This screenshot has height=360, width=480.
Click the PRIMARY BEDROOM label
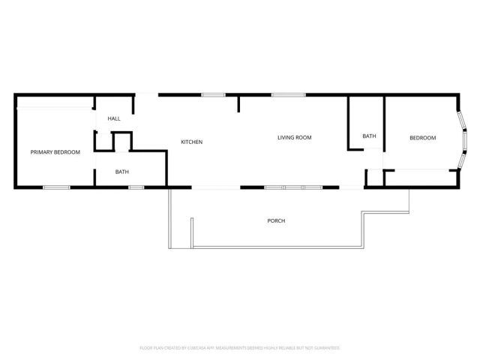(55, 152)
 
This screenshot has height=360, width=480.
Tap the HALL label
(114, 118)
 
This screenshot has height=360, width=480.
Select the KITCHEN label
(192, 142)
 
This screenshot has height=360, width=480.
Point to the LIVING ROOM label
(294, 137)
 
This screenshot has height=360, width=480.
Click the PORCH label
(276, 220)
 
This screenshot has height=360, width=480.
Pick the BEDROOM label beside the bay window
(422, 137)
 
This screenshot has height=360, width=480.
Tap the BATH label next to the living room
(369, 136)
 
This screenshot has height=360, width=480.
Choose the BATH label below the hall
(121, 172)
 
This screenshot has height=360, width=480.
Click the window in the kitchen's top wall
(213, 94)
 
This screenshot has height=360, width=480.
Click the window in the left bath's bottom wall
(136, 187)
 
